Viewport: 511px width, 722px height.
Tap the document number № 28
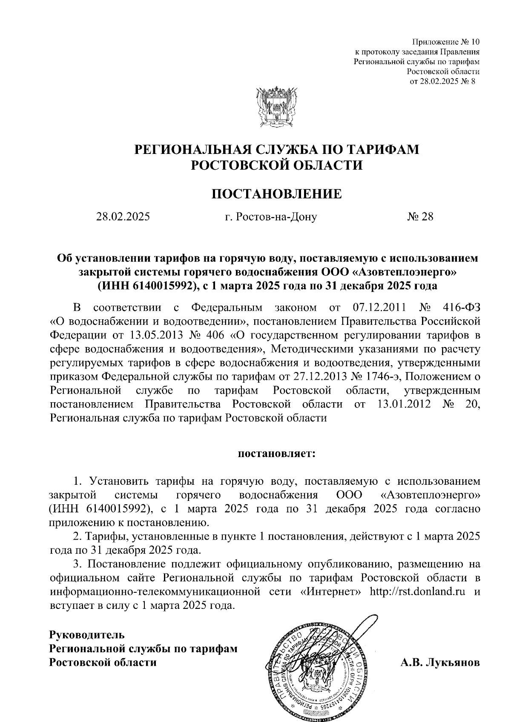pos(420,217)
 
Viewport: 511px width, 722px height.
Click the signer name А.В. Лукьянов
pos(440,662)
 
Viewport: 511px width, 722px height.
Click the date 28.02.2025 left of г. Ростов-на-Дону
pos(123,217)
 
